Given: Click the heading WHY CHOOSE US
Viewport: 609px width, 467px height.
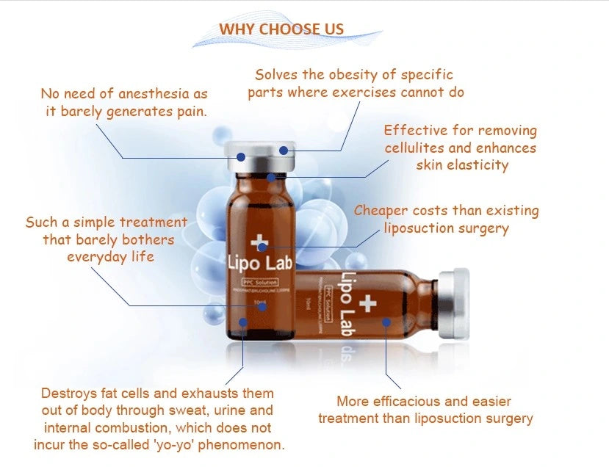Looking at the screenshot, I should point(281,29).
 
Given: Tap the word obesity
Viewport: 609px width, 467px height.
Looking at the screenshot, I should point(347,75).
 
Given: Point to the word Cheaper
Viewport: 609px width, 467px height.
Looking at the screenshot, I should point(381,211).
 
